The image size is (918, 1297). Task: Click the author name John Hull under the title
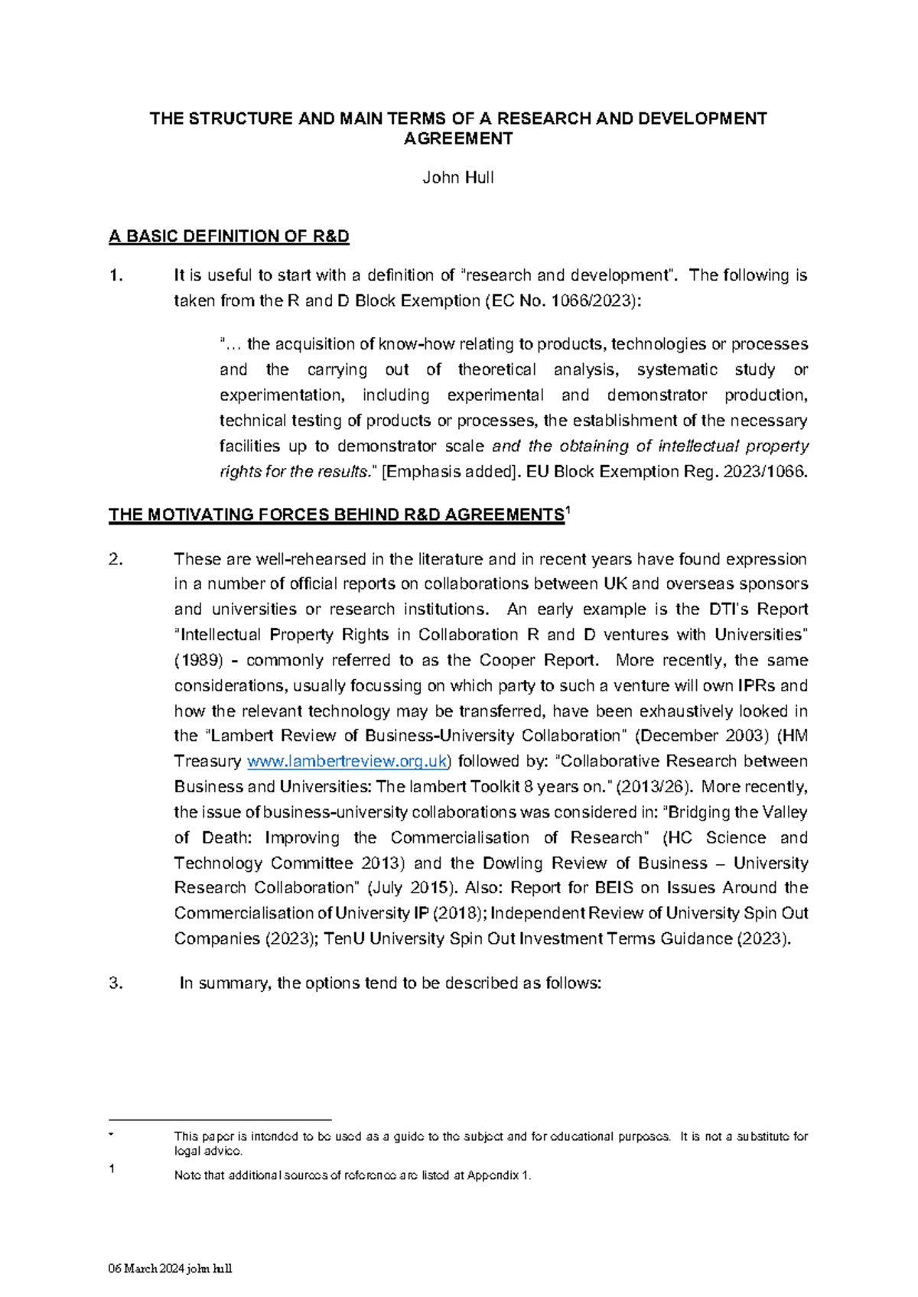click(x=458, y=178)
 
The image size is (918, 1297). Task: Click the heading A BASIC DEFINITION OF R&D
click(x=229, y=236)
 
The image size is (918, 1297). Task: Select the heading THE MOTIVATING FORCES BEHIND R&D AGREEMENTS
click(x=336, y=515)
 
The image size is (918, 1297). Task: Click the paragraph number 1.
click(x=116, y=275)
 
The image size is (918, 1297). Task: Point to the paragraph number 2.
click(x=116, y=559)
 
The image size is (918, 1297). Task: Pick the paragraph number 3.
click(x=116, y=983)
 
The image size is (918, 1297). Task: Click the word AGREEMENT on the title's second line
click(x=458, y=138)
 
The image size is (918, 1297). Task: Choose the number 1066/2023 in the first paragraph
click(x=591, y=301)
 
